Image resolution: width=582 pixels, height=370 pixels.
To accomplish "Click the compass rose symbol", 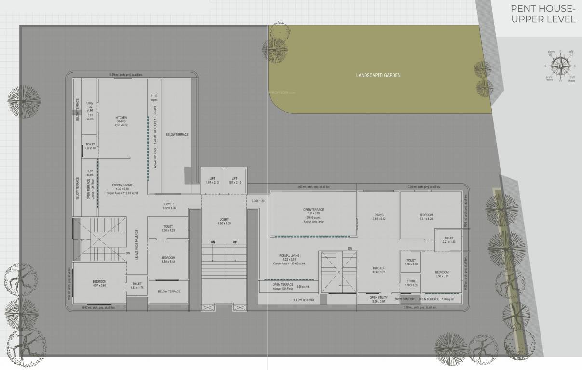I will click(x=560, y=66).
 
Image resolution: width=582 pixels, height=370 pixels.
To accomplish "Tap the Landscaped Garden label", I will click(x=378, y=75).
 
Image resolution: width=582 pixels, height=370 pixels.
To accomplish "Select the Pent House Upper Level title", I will click(x=540, y=14).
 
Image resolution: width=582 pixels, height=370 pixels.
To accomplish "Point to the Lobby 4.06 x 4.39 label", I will click(x=225, y=221).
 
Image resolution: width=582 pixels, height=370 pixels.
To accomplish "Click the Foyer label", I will click(x=169, y=206).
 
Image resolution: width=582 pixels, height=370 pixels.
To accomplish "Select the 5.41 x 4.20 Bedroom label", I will click(x=426, y=217).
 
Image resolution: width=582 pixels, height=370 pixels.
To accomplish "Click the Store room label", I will click(x=411, y=283).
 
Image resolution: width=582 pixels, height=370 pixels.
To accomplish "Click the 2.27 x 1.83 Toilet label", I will click(x=448, y=240).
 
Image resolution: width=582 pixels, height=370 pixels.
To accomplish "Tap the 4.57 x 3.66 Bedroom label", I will click(x=99, y=283).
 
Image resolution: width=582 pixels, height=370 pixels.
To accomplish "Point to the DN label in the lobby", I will click(x=212, y=242).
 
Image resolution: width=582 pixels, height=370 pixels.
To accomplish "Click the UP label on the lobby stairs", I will click(x=235, y=242).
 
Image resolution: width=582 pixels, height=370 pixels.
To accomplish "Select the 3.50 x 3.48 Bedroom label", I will click(x=168, y=260).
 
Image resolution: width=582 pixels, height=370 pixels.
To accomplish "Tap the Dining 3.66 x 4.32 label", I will click(x=379, y=217).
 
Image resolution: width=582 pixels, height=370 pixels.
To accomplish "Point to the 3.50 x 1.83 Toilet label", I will click(x=168, y=229).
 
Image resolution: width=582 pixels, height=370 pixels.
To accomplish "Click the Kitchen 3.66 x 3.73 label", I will click(x=379, y=270).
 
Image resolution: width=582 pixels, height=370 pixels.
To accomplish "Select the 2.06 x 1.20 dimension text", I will click(x=258, y=201).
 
